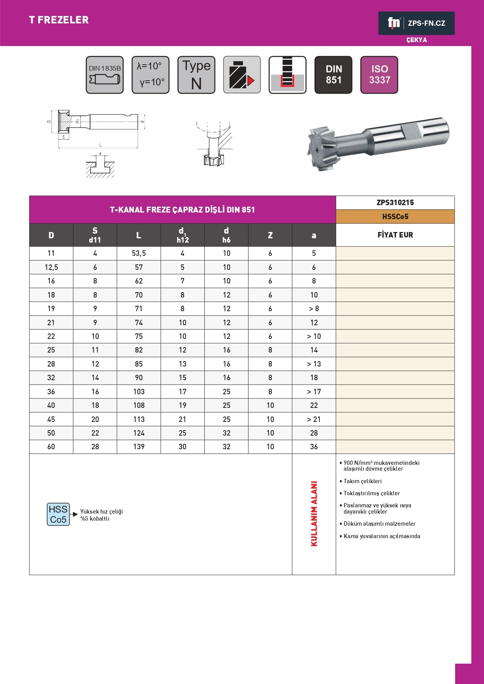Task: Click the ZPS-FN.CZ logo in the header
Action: tap(416, 23)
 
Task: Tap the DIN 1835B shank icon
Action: tap(105, 75)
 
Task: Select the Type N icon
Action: tap(196, 75)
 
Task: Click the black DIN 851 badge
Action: tap(333, 75)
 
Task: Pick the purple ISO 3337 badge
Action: tap(379, 75)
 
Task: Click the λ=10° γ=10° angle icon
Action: tap(151, 75)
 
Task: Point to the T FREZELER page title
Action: tap(59, 20)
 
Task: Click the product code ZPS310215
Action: tap(395, 202)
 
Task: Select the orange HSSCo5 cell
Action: tap(395, 216)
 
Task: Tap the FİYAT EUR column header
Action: tap(395, 235)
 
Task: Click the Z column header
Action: tap(270, 235)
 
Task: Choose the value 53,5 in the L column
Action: tap(139, 253)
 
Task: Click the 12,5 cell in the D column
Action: tap(51, 267)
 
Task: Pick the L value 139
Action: tap(139, 447)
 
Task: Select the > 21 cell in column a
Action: tap(314, 419)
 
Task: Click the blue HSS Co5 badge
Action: tap(58, 514)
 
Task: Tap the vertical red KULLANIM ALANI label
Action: tap(314, 514)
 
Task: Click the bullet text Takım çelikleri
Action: tap(362, 481)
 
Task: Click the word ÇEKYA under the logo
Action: tap(417, 40)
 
